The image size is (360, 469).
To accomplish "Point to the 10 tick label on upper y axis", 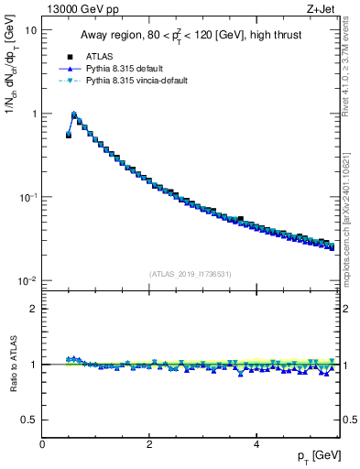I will click(30, 30).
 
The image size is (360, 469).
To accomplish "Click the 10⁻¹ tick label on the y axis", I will click(27, 197).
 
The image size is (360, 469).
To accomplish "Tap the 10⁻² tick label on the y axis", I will click(27, 280).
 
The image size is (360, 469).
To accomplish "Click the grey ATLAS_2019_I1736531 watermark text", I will click(191, 273).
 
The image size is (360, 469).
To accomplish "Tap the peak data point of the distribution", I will click(74, 115).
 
